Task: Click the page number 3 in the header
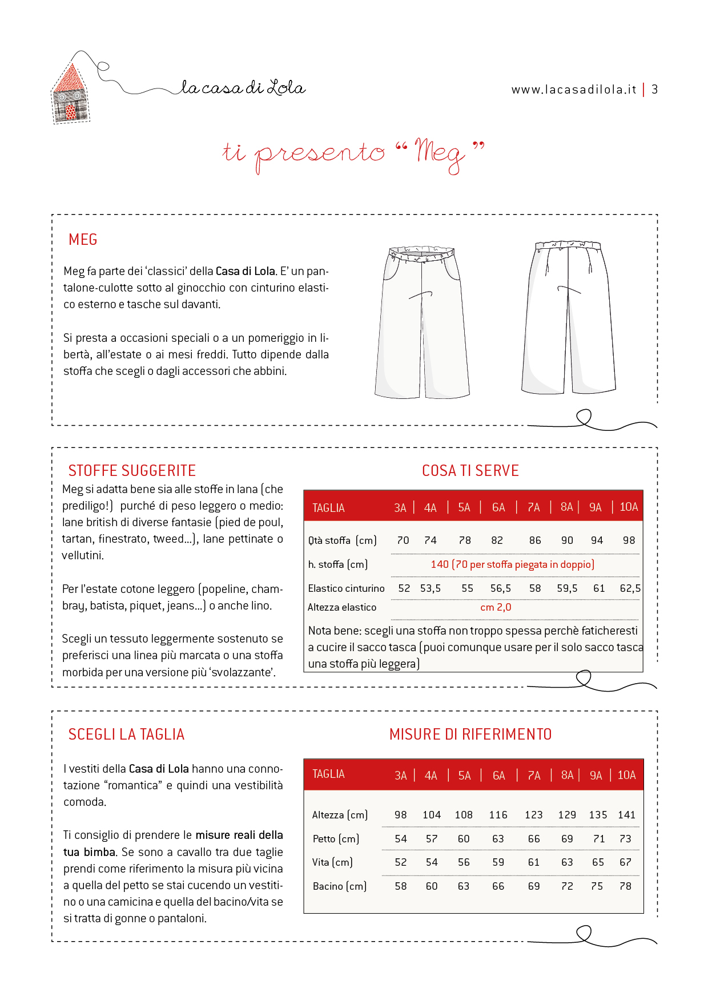tap(655, 90)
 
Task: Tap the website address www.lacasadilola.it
tap(573, 90)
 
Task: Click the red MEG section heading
tap(83, 240)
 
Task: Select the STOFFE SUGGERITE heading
tap(132, 471)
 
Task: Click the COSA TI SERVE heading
tap(470, 471)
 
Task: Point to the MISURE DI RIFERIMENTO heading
tap(470, 734)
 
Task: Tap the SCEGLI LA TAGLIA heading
tap(126, 734)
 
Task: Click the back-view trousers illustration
tap(568, 317)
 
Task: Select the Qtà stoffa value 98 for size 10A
tap(629, 540)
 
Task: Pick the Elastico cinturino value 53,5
tap(431, 588)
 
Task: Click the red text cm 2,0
tap(496, 607)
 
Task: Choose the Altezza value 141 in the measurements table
tap(626, 815)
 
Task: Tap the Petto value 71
tap(598, 839)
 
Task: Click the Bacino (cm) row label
tap(339, 886)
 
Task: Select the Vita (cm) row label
tap(332, 862)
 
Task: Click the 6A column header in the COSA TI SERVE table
tap(498, 507)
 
